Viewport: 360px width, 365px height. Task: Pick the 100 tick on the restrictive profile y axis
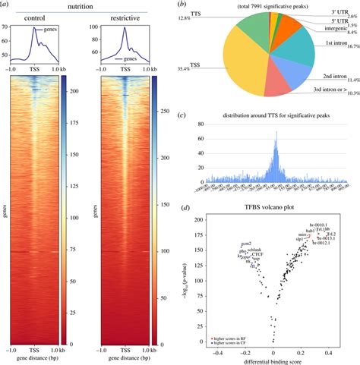(85, 28)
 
